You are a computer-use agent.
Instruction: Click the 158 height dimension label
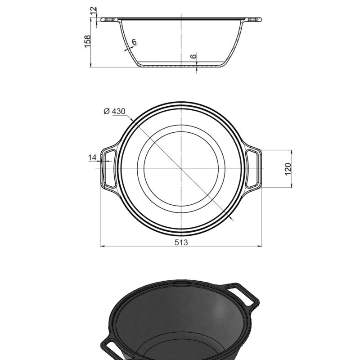[x=88, y=41]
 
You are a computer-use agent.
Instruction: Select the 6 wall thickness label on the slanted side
[x=134, y=42]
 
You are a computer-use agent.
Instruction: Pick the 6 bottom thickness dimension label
[x=193, y=56]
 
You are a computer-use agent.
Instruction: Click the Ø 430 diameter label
[x=115, y=111]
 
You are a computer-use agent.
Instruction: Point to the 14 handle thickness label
[x=92, y=157]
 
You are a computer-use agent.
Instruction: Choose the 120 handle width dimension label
[x=288, y=169]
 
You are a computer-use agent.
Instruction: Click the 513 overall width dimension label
[x=181, y=242]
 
